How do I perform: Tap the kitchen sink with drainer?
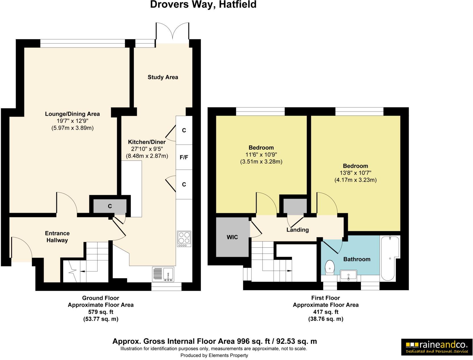tap(164, 274)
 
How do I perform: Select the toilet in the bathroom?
tap(330, 267)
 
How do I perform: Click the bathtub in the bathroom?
tap(390, 258)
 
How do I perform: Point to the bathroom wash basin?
tap(349, 275)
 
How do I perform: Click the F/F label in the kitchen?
tap(184, 157)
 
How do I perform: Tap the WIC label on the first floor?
tap(232, 237)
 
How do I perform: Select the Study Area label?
tap(163, 77)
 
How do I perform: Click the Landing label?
tap(297, 230)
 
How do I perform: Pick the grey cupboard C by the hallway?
tap(110, 206)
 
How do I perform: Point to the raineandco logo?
tap(437, 347)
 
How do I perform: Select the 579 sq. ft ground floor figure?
tap(100, 312)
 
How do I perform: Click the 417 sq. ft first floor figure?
tap(325, 312)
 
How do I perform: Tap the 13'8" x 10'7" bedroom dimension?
tap(356, 173)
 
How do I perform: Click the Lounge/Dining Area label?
tap(72, 114)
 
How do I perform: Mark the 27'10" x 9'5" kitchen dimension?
tap(147, 149)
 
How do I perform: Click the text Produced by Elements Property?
tap(214, 355)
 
